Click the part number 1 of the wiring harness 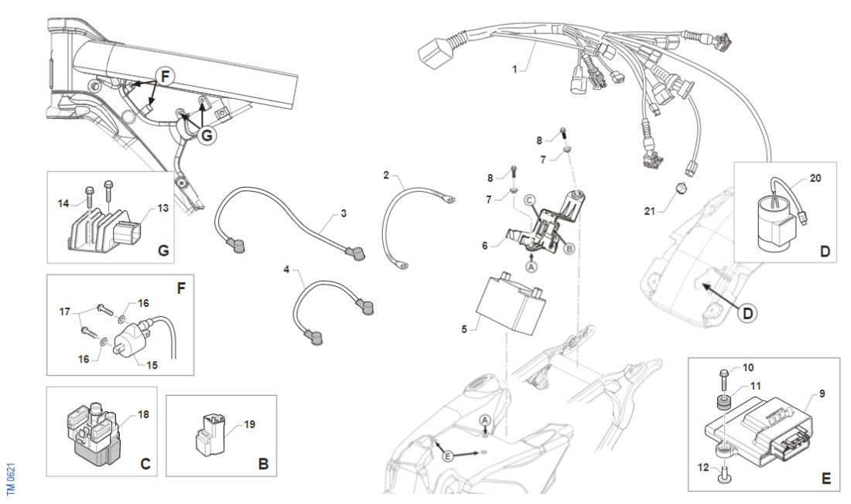click(x=514, y=70)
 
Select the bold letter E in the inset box click(x=825, y=479)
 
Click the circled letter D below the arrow click(x=748, y=313)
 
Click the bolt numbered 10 click(x=722, y=379)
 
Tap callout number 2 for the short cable click(x=386, y=176)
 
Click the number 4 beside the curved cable click(x=286, y=270)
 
